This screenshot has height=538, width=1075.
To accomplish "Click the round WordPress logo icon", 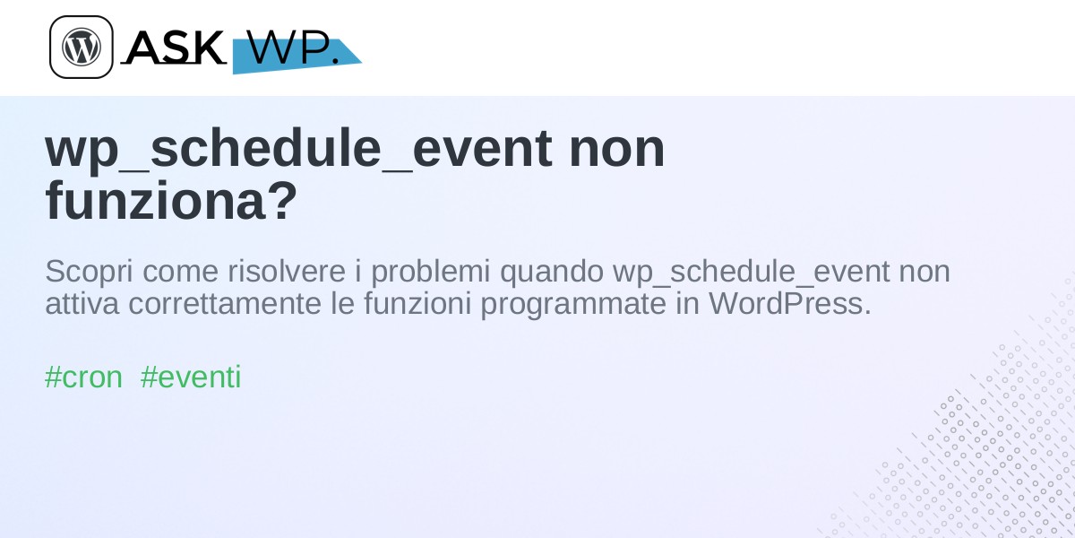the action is point(82,47).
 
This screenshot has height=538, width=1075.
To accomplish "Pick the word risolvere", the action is point(287,272).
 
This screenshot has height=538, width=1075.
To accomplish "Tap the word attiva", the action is point(82,304).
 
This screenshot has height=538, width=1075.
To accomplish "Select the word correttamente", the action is point(225,304).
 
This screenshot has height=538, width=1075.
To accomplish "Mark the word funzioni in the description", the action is point(417,303).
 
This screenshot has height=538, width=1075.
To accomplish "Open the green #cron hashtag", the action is point(83,377).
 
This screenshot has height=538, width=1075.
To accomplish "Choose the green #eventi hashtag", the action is point(191,377).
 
